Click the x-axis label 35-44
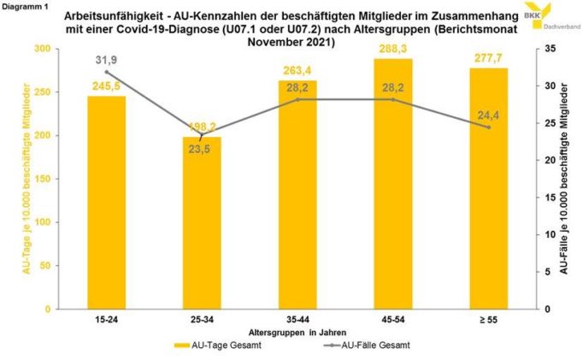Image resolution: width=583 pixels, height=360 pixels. pos(297,319)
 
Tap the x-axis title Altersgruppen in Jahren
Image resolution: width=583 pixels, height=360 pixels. pos(297,331)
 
